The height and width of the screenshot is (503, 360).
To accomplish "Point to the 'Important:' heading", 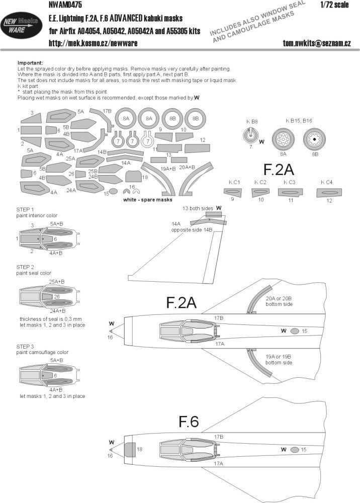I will pyautogui.click(x=31, y=62).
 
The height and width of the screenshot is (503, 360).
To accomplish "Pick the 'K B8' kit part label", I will pyautogui.click(x=251, y=121).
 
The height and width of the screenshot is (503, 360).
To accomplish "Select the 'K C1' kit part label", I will pyautogui.click(x=233, y=182).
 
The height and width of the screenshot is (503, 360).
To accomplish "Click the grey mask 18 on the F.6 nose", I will pyautogui.click(x=130, y=449).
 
